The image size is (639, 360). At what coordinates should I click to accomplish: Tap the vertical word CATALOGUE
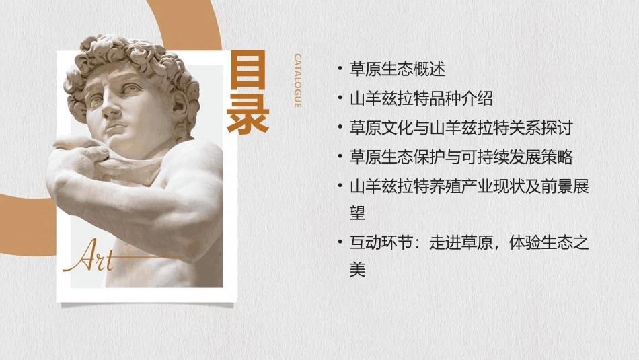pos(297,81)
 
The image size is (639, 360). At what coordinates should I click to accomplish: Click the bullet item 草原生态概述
pos(398,69)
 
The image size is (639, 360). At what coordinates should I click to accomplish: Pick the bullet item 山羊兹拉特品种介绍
pos(421,98)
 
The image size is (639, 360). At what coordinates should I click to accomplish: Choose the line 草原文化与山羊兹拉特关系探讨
pos(461,128)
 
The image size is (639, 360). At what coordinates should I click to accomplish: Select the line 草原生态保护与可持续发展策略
pos(461,157)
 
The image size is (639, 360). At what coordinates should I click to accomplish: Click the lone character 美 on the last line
pos(358,270)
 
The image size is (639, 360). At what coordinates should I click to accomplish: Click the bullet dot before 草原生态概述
pos(340,69)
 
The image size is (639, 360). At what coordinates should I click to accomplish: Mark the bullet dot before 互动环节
pos(340,243)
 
